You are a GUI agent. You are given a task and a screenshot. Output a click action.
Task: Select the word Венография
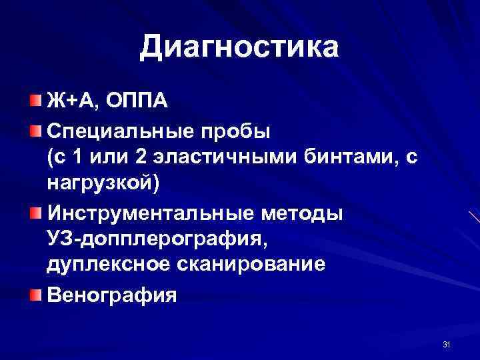111,294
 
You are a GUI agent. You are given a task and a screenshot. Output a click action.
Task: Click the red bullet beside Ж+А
34,101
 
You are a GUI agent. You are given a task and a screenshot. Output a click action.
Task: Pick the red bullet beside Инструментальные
34,213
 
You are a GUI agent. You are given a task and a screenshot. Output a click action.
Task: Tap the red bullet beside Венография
34,293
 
